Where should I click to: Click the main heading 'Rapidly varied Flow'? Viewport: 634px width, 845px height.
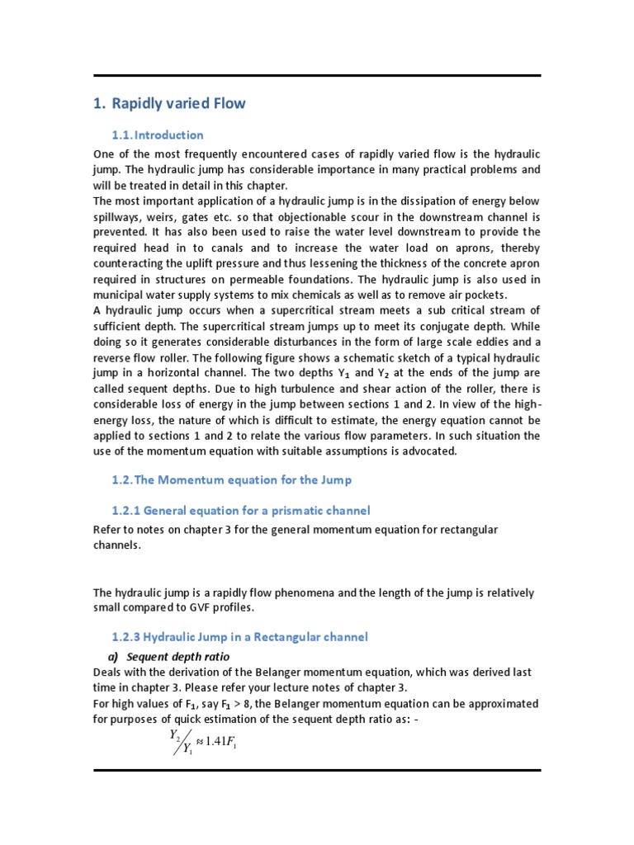177,104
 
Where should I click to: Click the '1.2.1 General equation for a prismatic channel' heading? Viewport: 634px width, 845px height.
240,511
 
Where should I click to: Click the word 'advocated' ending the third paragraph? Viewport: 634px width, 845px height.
425,451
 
